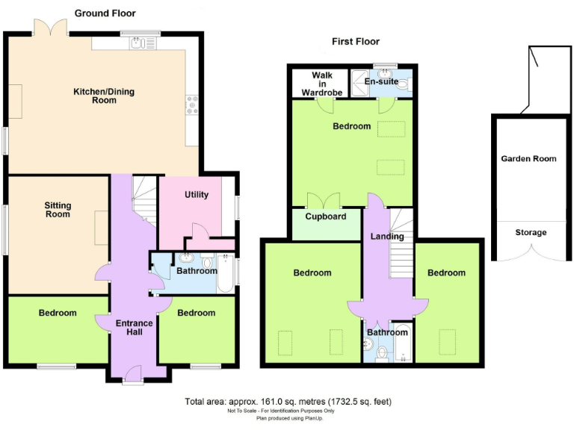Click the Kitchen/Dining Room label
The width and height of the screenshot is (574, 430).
click(104, 96)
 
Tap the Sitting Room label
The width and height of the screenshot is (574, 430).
click(58, 209)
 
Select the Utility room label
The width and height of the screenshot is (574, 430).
click(196, 195)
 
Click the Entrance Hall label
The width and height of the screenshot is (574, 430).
click(134, 327)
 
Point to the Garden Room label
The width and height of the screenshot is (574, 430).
click(528, 158)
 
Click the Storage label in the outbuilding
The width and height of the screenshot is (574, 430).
click(531, 232)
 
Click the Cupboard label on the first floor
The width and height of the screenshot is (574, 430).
click(326, 216)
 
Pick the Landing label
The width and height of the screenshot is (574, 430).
click(387, 237)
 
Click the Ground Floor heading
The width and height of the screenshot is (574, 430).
click(105, 13)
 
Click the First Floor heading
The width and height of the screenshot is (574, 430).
click(356, 42)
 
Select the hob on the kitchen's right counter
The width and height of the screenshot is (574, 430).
click(191, 105)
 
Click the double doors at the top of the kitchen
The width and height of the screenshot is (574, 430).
click(50, 27)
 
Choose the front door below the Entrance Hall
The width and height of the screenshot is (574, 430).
click(133, 375)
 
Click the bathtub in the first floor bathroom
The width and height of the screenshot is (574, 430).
click(401, 343)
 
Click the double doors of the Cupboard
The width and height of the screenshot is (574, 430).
click(324, 201)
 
